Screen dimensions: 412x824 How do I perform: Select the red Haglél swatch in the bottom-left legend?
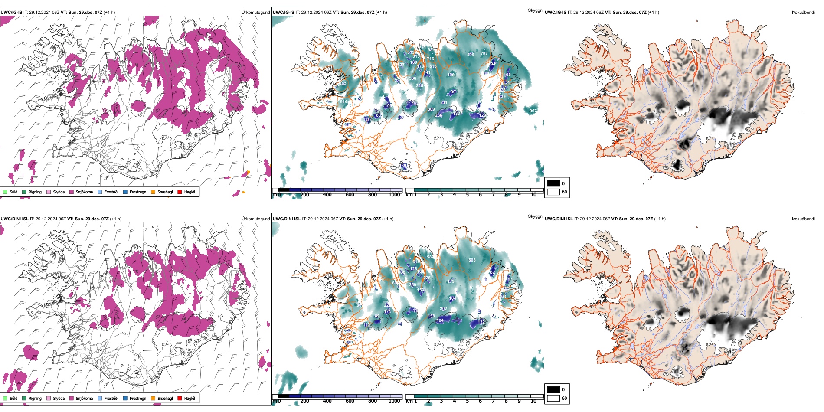[180, 398]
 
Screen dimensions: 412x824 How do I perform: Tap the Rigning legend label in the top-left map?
[35, 192]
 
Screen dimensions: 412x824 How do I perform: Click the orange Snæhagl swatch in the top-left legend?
[153, 192]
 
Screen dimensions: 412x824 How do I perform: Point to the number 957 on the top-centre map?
[533, 111]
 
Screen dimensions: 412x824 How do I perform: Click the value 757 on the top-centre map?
[484, 54]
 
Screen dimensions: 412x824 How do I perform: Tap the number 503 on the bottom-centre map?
[472, 260]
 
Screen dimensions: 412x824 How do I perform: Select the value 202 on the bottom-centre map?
[443, 309]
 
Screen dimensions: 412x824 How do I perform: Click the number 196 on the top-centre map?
[451, 75]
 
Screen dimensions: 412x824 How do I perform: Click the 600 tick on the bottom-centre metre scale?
[350, 401]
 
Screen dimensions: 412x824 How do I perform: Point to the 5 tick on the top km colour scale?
[468, 195]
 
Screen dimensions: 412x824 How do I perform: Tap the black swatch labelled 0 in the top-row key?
[553, 183]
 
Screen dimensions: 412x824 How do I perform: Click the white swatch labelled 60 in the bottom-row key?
[553, 398]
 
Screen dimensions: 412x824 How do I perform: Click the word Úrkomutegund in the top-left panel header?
[255, 13]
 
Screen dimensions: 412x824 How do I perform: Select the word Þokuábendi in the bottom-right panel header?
[803, 219]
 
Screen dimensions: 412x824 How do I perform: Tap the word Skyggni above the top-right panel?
[535, 10]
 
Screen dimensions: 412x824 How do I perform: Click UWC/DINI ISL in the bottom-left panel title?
[14, 219]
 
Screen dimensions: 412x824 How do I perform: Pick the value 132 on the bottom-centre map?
[481, 322]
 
